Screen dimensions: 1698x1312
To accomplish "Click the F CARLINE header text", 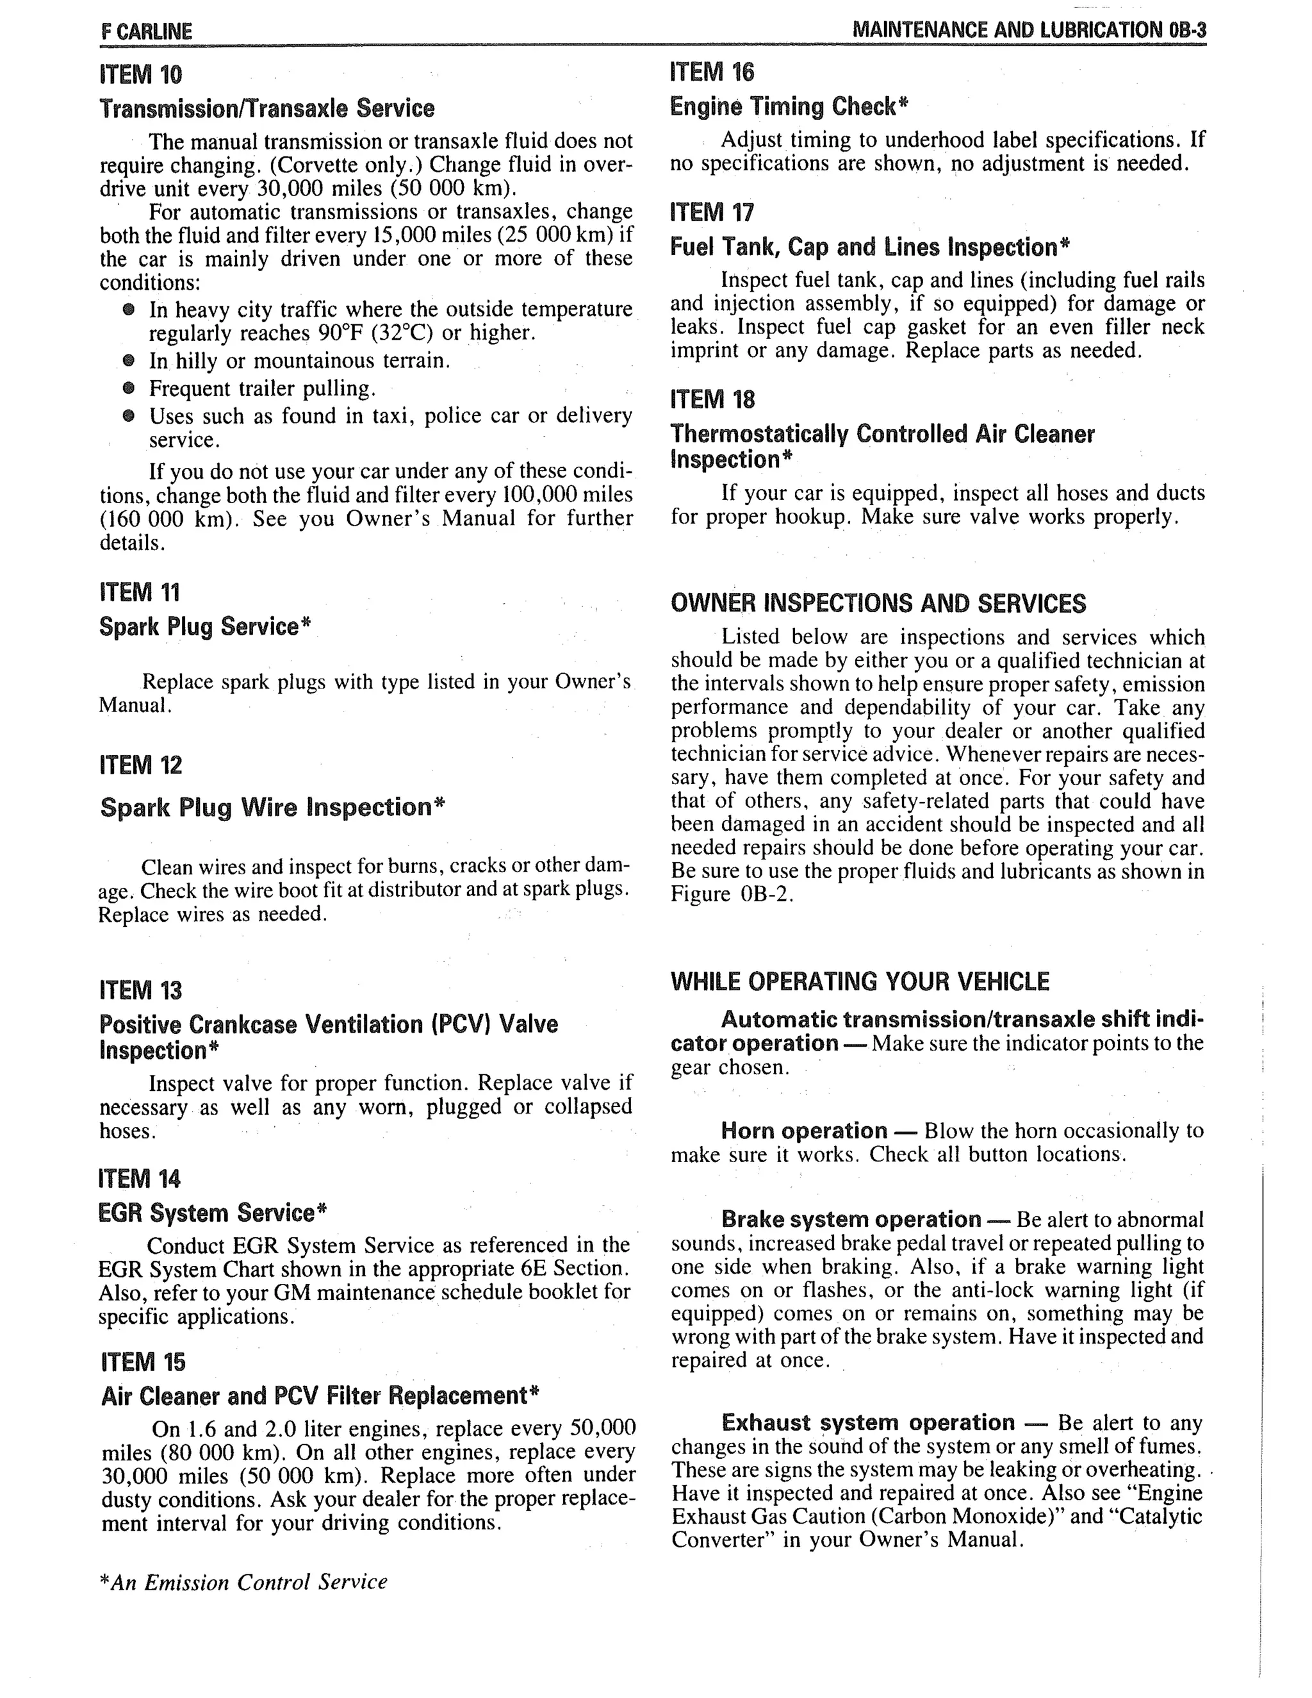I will point(146,32).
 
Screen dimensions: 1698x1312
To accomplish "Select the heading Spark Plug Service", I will point(204,627).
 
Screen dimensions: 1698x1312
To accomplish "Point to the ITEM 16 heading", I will point(712,72).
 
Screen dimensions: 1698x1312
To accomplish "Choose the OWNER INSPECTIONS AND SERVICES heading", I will point(878,603).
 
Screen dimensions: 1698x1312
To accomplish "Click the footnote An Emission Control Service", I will point(243,1582).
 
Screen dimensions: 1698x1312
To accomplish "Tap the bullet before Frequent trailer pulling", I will point(129,388).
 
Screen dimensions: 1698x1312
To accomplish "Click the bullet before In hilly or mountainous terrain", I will point(129,361).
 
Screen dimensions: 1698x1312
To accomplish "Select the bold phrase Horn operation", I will point(804,1131).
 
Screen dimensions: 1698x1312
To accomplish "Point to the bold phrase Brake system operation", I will point(850,1219).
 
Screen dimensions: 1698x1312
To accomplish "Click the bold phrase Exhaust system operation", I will point(867,1423).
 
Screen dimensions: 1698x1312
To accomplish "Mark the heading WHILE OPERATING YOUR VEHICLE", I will point(860,982).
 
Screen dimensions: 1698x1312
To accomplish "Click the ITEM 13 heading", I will point(141,990).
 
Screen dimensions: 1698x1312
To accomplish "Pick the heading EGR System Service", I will point(212,1213).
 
